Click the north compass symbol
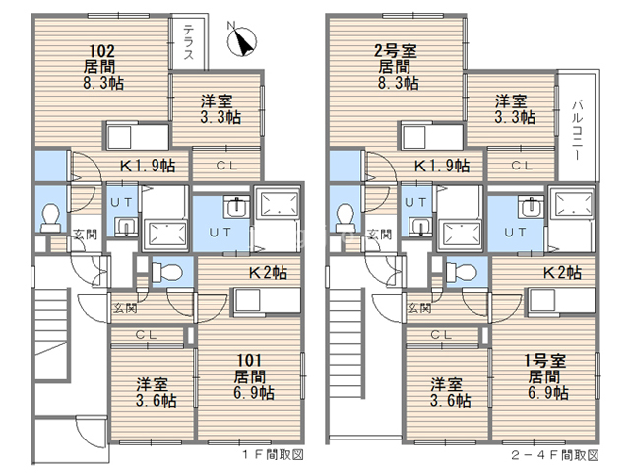[241, 39]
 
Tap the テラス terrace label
[188, 42]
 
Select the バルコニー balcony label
[578, 130]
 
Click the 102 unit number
[101, 51]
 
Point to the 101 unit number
[249, 360]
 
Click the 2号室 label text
[396, 51]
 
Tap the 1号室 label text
[545, 361]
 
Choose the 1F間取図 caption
[273, 455]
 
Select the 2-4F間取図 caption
[555, 455]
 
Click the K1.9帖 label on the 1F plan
[148, 166]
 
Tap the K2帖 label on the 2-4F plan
[562, 273]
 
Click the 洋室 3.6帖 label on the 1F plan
[156, 392]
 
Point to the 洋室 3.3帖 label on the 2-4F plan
[515, 109]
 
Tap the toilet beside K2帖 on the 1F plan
[166, 272]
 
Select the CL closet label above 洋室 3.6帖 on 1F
[146, 334]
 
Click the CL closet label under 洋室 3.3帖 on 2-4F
[522, 165]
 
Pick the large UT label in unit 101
[220, 233]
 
